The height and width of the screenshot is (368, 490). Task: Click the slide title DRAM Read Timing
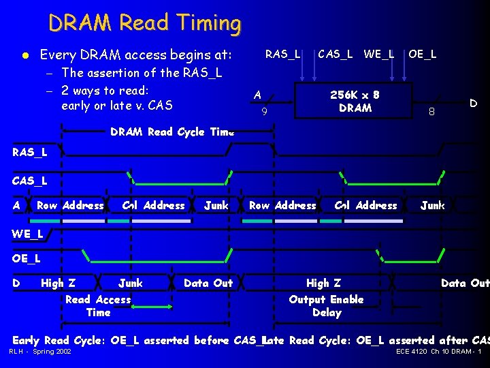(144, 23)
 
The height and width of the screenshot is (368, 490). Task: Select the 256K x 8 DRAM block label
(355, 102)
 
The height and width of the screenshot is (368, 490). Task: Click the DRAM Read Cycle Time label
(172, 132)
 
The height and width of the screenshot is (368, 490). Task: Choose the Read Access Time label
(98, 306)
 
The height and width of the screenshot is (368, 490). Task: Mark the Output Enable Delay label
(326, 306)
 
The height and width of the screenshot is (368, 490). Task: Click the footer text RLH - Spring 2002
(40, 352)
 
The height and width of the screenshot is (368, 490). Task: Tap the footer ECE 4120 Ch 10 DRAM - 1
(438, 352)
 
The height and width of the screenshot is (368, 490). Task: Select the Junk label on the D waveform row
(131, 283)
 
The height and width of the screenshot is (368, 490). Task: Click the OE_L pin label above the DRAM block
(423, 54)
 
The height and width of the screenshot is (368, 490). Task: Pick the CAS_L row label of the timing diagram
(30, 181)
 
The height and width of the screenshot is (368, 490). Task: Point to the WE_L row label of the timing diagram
(28, 234)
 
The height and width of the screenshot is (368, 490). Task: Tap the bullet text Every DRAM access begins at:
(136, 55)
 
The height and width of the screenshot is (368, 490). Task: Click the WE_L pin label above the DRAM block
(379, 54)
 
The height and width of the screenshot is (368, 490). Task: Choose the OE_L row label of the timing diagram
(27, 258)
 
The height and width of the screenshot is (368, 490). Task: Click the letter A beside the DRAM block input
(257, 95)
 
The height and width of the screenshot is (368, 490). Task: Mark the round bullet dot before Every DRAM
(24, 55)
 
